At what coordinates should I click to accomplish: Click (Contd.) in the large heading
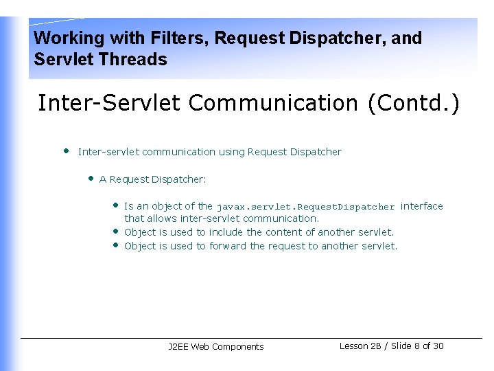click(x=414, y=103)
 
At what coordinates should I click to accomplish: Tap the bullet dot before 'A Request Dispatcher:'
click(x=90, y=178)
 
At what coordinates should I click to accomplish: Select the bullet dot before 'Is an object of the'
click(x=115, y=205)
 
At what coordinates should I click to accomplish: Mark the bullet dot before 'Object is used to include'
click(x=115, y=231)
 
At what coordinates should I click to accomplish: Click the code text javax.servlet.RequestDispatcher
click(x=305, y=207)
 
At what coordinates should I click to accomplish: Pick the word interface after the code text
click(x=421, y=206)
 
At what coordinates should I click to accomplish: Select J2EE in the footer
click(x=178, y=347)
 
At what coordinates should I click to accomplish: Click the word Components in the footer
click(x=238, y=347)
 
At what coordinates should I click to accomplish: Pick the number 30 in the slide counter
click(x=438, y=346)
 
